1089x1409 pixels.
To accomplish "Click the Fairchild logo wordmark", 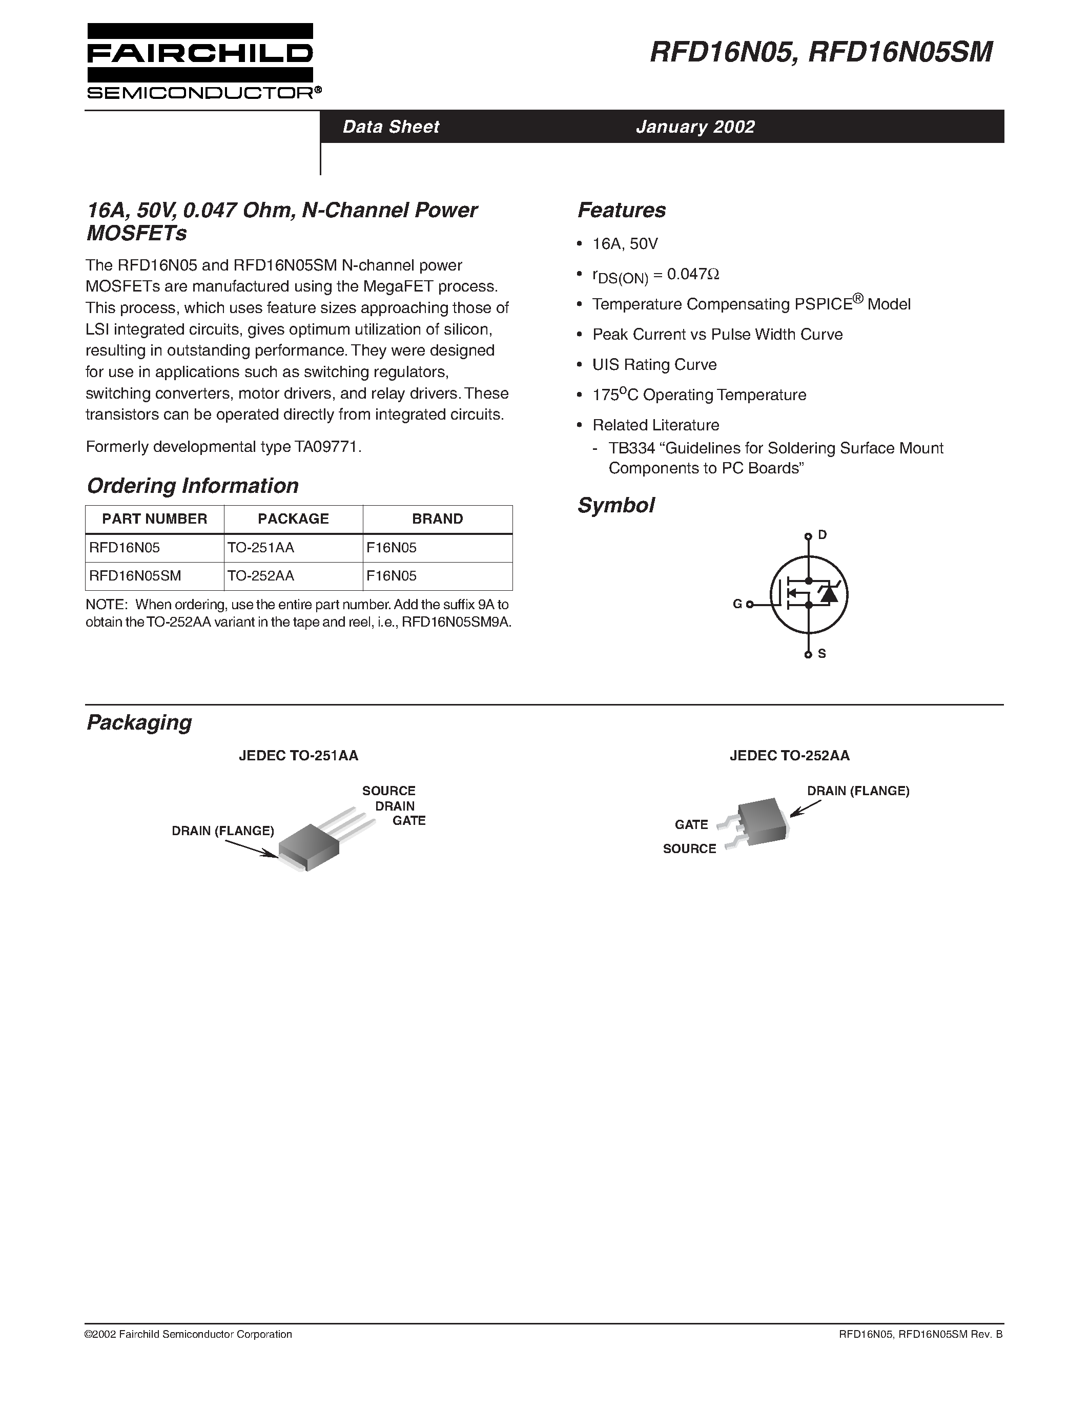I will click(200, 54).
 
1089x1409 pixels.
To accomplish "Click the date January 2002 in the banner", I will click(695, 127).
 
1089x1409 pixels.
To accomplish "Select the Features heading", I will click(621, 210).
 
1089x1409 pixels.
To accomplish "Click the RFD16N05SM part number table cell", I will click(135, 575).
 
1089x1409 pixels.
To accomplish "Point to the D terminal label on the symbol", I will click(822, 535).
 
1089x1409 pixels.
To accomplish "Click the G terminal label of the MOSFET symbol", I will click(737, 605).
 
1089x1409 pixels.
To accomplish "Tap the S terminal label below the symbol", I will click(822, 654).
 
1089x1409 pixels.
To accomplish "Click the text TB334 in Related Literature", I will click(627, 448).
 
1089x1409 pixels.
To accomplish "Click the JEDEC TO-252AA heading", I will click(789, 755).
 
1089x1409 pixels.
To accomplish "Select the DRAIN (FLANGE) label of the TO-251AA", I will click(222, 831).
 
